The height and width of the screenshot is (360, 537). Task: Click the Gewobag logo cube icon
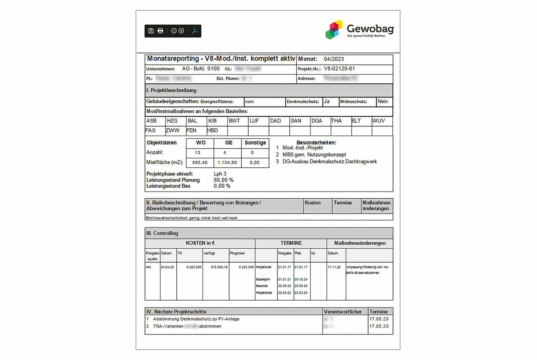pyautogui.click(x=334, y=29)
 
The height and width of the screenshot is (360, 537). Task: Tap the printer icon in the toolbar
pyautogui.click(x=160, y=31)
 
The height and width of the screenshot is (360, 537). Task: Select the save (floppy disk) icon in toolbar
pyautogui.click(x=151, y=31)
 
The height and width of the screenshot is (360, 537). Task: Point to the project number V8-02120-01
pyautogui.click(x=340, y=69)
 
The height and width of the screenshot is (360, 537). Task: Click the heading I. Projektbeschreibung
pyautogui.click(x=171, y=91)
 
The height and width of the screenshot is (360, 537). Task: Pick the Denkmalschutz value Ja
pyautogui.click(x=327, y=101)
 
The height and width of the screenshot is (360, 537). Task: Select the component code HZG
pyautogui.click(x=172, y=121)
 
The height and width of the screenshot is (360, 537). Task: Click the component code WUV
pyautogui.click(x=378, y=121)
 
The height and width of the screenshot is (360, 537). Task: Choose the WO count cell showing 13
pyautogui.click(x=198, y=153)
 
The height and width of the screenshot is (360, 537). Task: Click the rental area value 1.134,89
pyautogui.click(x=228, y=162)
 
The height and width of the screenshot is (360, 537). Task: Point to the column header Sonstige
pyautogui.click(x=255, y=143)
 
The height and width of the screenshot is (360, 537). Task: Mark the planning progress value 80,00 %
pyautogui.click(x=223, y=180)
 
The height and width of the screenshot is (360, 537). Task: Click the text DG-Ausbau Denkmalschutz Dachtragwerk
pyautogui.click(x=330, y=162)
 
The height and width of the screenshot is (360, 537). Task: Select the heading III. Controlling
pyautogui.click(x=162, y=233)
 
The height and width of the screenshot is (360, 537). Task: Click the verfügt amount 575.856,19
pyautogui.click(x=216, y=267)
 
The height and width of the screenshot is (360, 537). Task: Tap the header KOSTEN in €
pyautogui.click(x=200, y=243)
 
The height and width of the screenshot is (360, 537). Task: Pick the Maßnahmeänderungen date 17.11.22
pyautogui.click(x=334, y=267)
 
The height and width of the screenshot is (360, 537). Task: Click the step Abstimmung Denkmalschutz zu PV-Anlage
pyautogui.click(x=196, y=319)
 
